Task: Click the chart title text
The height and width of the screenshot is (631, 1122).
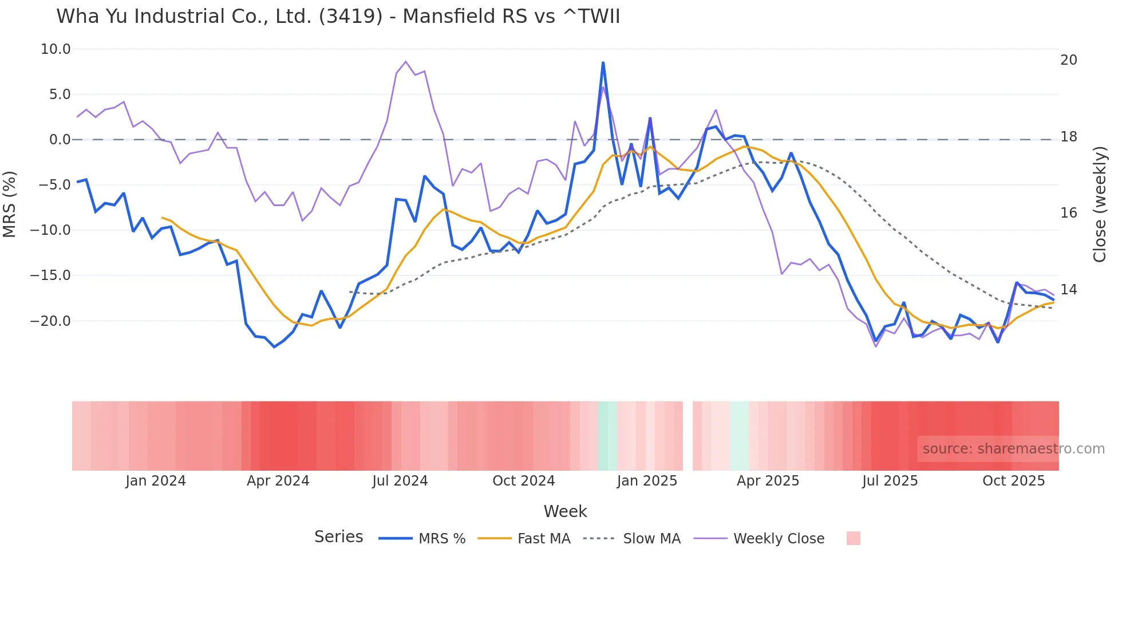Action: click(x=338, y=16)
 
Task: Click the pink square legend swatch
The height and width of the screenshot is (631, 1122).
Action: click(x=853, y=538)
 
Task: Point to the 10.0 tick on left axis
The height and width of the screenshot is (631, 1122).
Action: click(x=56, y=49)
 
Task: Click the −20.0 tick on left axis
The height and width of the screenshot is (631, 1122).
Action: click(x=50, y=321)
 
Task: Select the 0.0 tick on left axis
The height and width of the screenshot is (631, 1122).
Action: click(x=60, y=140)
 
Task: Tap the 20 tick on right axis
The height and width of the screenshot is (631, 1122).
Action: click(x=1068, y=60)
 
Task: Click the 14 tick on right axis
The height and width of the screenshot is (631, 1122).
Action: click(x=1068, y=290)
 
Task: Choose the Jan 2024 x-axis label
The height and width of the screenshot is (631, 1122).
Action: click(x=156, y=481)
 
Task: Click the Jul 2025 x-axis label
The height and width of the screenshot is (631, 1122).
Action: click(x=890, y=481)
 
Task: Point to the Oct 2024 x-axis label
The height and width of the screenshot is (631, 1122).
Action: click(x=523, y=481)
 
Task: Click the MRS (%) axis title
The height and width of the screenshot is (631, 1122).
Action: click(x=9, y=204)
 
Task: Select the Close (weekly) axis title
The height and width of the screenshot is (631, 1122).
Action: click(x=1100, y=204)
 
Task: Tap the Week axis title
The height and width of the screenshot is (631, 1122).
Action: click(x=565, y=511)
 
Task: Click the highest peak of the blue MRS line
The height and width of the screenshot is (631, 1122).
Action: click(x=603, y=62)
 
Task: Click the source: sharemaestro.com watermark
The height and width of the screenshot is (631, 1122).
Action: click(x=1013, y=449)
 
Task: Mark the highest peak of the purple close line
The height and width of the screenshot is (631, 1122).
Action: click(x=405, y=61)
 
